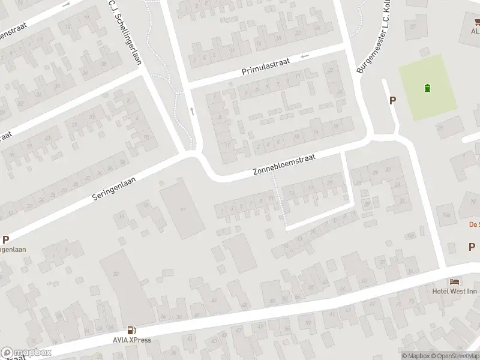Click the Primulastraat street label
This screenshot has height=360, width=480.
[x=265, y=71]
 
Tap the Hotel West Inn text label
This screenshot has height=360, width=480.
[x=454, y=292]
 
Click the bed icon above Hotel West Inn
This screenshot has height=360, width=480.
[x=455, y=282]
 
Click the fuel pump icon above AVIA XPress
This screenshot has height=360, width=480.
[x=131, y=330]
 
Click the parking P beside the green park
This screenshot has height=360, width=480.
[x=393, y=101]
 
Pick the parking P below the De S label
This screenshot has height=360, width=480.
[x=472, y=247]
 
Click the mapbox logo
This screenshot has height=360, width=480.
[x=26, y=353]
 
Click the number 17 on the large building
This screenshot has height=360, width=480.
[x=184, y=208]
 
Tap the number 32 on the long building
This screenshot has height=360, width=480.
[x=115, y=273]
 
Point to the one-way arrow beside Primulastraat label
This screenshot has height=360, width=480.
[x=305, y=56]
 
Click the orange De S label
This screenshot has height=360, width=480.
[x=474, y=225]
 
